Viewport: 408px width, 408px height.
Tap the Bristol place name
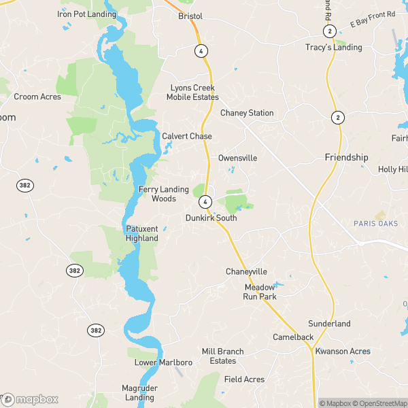click(191, 15)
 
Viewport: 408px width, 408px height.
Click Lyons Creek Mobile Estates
click(192, 93)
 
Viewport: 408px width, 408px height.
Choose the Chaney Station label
click(247, 113)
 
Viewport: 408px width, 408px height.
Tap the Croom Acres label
click(37, 97)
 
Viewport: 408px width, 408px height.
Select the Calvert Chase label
click(187, 136)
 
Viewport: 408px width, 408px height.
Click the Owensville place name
click(237, 158)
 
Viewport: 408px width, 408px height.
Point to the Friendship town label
click(346, 157)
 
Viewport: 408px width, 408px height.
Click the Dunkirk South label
click(211, 218)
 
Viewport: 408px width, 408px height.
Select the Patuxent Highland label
click(142, 234)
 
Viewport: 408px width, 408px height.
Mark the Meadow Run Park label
click(260, 292)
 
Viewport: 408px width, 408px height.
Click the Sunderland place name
click(329, 324)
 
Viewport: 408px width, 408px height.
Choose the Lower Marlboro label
click(163, 362)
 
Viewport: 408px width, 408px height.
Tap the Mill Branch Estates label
click(222, 356)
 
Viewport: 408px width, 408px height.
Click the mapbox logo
click(30, 399)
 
